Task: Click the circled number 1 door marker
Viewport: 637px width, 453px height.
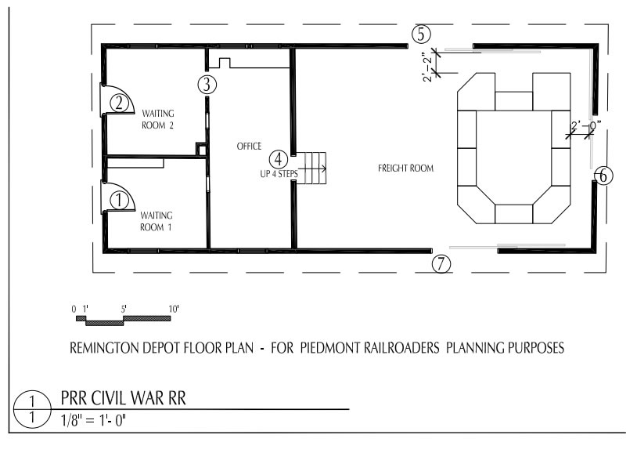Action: coord(119,201)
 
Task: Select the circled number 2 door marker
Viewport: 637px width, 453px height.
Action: coord(119,103)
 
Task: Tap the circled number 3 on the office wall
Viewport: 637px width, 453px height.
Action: coord(207,85)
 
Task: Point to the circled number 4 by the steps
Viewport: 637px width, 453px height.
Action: coord(279,159)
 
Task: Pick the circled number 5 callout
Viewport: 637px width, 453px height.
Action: coord(421,34)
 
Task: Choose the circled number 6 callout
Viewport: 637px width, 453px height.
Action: coord(603,176)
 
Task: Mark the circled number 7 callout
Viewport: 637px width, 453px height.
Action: coord(441,264)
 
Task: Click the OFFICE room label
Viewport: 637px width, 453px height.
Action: coord(249,146)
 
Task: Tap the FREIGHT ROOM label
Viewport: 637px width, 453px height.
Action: coord(405,168)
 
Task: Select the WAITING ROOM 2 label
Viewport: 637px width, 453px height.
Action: coord(157,119)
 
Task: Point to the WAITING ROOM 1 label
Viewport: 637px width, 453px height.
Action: coord(157,221)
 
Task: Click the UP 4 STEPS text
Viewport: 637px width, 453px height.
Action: coord(279,174)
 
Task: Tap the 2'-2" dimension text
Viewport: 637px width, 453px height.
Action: coord(428,67)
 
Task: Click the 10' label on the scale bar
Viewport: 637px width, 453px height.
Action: coord(174,309)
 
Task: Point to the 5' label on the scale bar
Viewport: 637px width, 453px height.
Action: coord(124,309)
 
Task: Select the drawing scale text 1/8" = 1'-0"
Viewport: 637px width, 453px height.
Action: coord(93,420)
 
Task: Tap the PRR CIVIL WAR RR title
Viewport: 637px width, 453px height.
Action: coord(124,398)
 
